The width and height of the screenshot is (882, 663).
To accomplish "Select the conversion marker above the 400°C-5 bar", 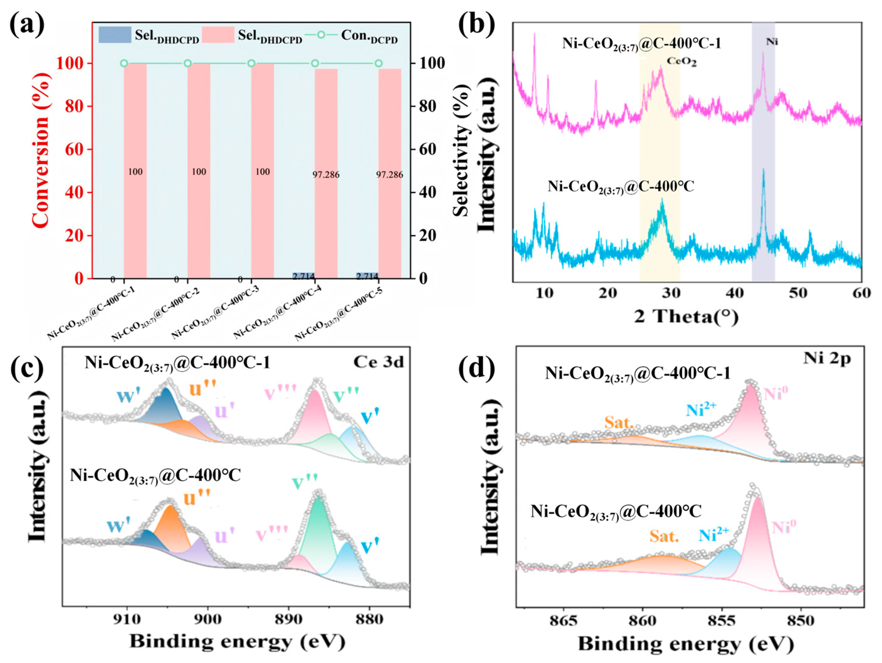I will [378, 63].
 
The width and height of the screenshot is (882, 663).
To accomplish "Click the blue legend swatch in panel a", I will [115, 35].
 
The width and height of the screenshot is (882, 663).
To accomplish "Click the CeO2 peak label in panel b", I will [682, 62].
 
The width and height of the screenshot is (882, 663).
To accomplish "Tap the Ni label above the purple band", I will [772, 42].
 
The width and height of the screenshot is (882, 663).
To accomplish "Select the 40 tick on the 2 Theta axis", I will [735, 293].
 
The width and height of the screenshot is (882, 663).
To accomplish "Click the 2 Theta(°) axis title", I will [686, 317].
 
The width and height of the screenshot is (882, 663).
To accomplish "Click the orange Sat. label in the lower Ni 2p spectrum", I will [664, 536].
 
